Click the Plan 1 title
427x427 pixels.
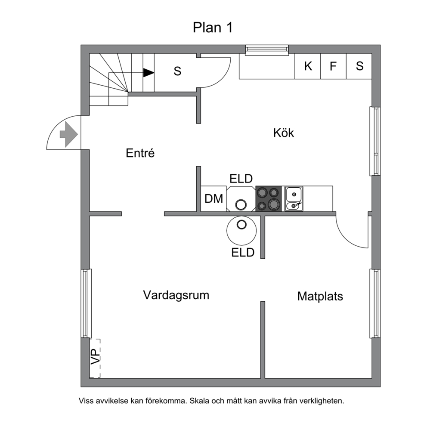point(213,28)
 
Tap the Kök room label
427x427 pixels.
point(284,133)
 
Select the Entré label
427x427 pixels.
point(140,153)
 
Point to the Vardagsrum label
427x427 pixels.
point(176,295)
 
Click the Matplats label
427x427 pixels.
point(320,296)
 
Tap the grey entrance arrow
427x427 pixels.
point(68,134)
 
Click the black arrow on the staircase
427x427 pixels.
point(149,73)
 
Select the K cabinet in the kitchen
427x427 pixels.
point(308,66)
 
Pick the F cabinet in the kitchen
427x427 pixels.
point(333,66)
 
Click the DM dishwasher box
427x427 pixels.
point(213,198)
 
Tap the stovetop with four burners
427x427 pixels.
point(268,199)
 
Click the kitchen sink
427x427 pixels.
point(294,199)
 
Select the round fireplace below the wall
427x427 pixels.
point(241,230)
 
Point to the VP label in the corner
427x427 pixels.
point(95,357)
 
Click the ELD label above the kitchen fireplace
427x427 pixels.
point(241,179)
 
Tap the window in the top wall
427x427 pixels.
point(267,50)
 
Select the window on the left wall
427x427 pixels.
point(87,303)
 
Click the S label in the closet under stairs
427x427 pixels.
point(177,71)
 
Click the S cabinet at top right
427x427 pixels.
point(359,66)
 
